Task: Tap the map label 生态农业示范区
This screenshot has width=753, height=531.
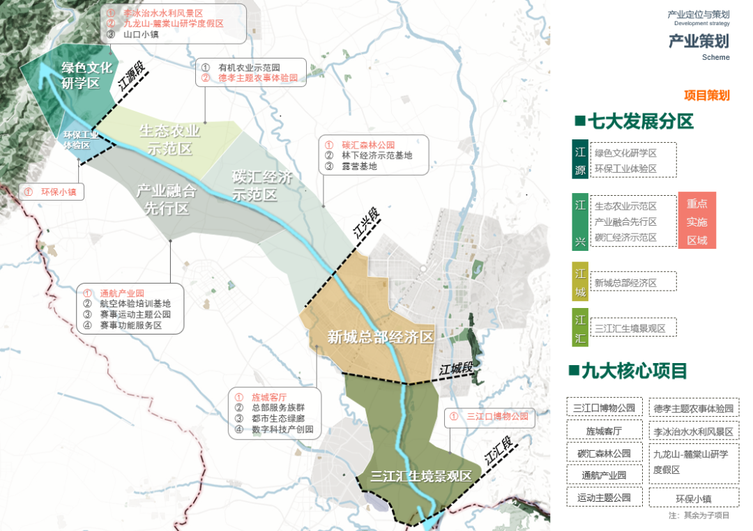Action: pos(169,139)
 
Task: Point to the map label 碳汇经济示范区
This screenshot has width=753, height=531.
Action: pos(262,185)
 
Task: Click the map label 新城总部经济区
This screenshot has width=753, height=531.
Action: pos(381,337)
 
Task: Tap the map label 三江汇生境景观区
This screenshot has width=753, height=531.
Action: pos(421,477)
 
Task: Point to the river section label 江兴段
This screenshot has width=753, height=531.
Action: pos(367,223)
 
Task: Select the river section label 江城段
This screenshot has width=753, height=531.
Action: pos(456,369)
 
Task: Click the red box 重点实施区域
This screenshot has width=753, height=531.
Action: pos(697,221)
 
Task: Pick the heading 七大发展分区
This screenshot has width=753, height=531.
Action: pos(634,122)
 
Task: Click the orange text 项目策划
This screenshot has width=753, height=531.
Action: pos(706,95)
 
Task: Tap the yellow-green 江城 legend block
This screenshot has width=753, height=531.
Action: pos(580,282)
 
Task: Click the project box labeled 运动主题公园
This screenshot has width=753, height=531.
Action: pos(604,498)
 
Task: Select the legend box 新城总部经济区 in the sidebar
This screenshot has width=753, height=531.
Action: pos(634,283)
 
